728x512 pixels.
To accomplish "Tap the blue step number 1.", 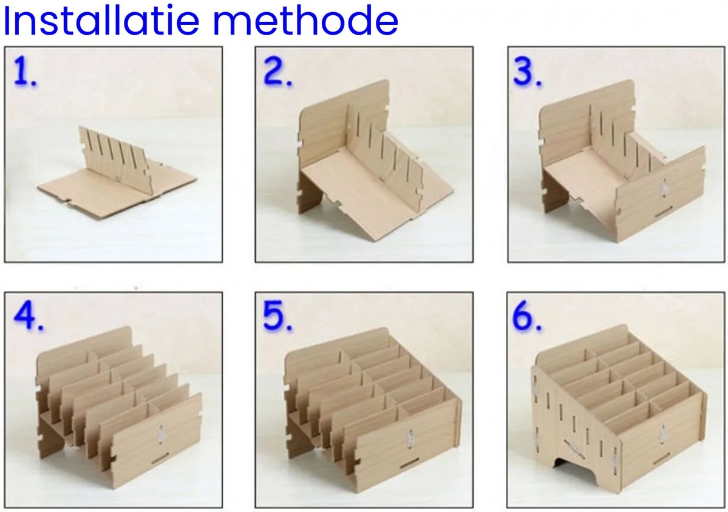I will [25, 72].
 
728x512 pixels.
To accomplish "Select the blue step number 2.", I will [277, 73].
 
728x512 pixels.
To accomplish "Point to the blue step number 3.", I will [527, 73].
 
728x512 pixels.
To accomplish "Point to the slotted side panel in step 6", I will [568, 419].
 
